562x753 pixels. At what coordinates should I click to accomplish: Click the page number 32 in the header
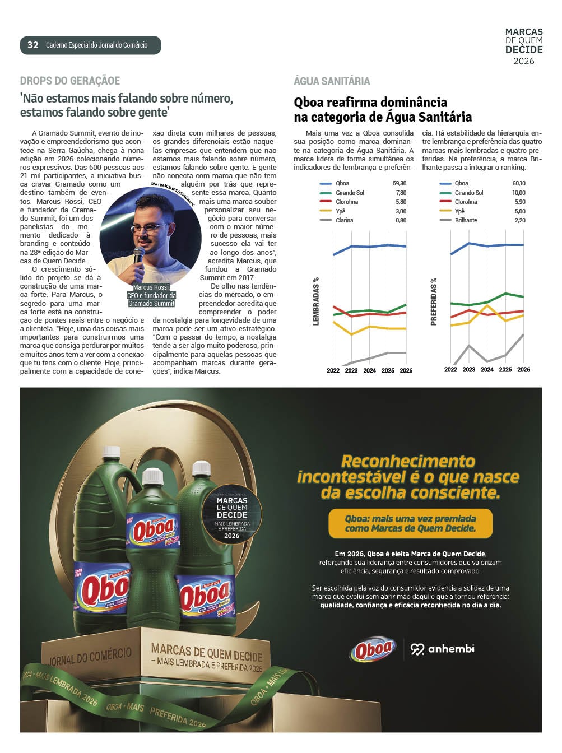point(33,45)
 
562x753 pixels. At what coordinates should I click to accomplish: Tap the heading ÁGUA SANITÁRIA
point(332,81)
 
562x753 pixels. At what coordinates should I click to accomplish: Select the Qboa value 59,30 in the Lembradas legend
point(400,183)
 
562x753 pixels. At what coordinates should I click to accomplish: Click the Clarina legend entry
point(344,220)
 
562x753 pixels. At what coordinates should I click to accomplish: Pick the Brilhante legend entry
point(466,220)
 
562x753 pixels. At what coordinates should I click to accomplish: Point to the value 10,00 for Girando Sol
point(519,193)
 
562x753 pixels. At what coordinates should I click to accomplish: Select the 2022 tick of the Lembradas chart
point(333,370)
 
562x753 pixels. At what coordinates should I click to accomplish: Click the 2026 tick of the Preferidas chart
point(523,370)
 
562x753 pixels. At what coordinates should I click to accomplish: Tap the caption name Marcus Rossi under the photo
point(151,287)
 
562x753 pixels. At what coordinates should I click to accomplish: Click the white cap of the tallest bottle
point(112,452)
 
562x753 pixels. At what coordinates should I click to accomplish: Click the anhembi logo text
point(450,649)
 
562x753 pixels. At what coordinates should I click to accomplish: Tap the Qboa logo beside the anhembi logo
point(373,650)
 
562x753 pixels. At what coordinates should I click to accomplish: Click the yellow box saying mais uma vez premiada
point(410,523)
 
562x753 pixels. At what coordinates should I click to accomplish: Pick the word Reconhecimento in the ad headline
point(408,461)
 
